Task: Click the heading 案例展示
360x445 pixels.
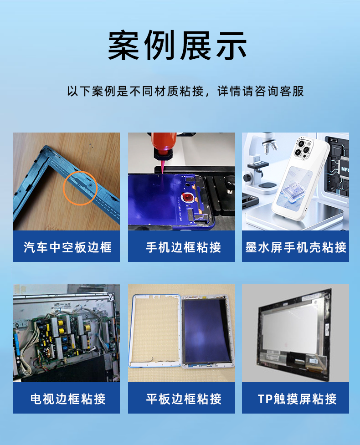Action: point(177,46)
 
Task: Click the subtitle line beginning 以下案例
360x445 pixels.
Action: point(185,92)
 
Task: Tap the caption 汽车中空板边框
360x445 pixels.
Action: point(67,247)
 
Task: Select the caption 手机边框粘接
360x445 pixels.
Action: point(183,247)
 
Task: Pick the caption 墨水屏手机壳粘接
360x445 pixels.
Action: point(296,247)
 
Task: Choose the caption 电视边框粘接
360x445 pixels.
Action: point(68,399)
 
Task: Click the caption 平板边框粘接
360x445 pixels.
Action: point(184,399)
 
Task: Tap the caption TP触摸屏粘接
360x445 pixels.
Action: point(297,399)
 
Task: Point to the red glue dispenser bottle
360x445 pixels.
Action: point(163,145)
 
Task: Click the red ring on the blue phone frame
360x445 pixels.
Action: point(187,197)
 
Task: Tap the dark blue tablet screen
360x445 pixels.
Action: point(206,331)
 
